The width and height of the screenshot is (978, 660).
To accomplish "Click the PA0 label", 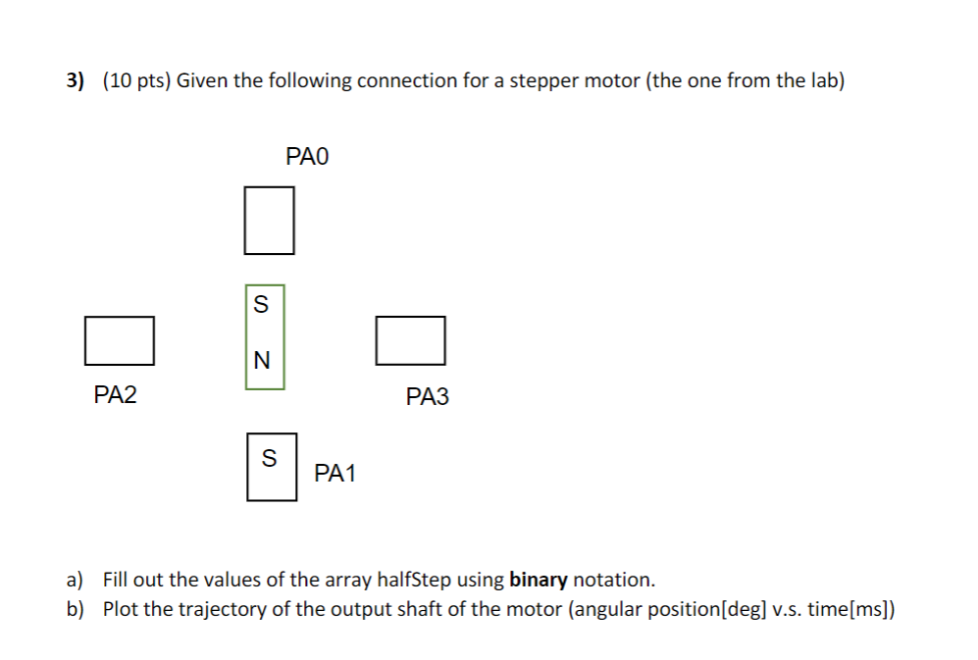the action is pyautogui.click(x=308, y=156).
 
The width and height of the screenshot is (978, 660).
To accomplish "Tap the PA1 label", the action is pyautogui.click(x=335, y=474).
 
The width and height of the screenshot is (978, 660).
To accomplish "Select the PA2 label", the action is pyautogui.click(x=116, y=395).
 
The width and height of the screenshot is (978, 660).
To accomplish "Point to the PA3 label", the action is pyautogui.click(x=427, y=397).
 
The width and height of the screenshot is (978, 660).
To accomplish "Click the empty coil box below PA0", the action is pyautogui.click(x=269, y=221).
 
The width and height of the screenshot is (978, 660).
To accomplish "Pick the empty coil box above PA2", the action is pyautogui.click(x=120, y=339).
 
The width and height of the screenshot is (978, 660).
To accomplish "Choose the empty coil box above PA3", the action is pyautogui.click(x=410, y=339).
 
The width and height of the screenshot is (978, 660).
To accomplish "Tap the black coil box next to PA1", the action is pyautogui.click(x=272, y=467).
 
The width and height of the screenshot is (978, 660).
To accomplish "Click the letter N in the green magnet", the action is pyautogui.click(x=261, y=361).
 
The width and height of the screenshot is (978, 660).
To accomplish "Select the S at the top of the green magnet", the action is pyautogui.click(x=261, y=305).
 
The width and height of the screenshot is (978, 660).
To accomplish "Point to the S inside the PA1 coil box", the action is pyautogui.click(x=270, y=458).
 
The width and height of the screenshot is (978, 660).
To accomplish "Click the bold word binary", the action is pyautogui.click(x=539, y=579).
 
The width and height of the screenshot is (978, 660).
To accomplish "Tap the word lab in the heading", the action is pyautogui.click(x=821, y=80).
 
